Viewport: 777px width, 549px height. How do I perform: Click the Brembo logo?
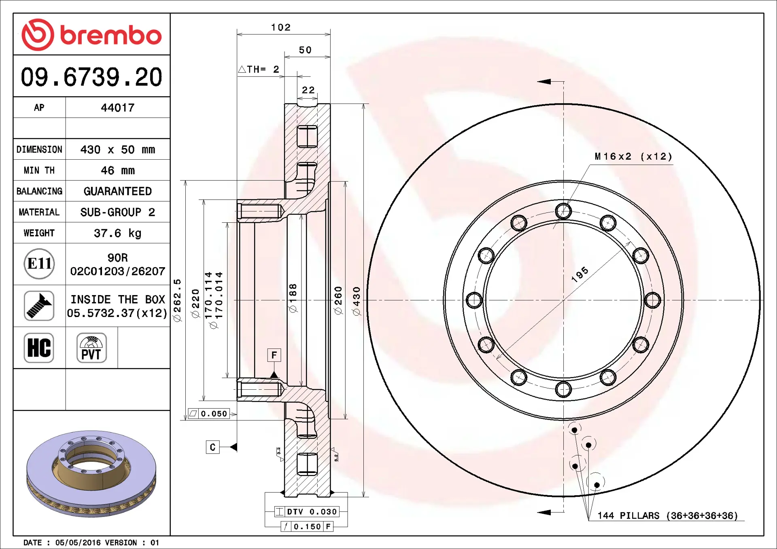91,34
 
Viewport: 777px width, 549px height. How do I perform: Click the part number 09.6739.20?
91,77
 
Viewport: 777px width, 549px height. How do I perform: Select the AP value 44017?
118,108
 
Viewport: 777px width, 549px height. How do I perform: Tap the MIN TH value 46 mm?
118,170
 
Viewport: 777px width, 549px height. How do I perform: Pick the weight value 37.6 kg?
118,233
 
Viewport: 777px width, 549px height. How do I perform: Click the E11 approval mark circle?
39,264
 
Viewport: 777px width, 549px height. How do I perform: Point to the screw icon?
39,306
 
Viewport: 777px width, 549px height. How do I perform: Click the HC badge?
39,348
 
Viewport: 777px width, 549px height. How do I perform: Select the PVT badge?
91,348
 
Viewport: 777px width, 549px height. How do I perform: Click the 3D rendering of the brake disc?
91,473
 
